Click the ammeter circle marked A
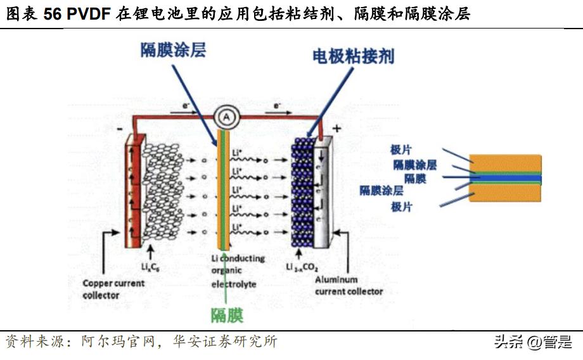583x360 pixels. tap(225, 117)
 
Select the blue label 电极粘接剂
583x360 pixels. tap(354, 56)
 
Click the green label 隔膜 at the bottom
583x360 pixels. tap(227, 315)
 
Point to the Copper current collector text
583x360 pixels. tap(113, 290)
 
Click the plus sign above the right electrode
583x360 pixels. tap(336, 129)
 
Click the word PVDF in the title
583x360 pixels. tap(90, 14)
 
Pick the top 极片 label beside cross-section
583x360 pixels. tap(401, 150)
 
